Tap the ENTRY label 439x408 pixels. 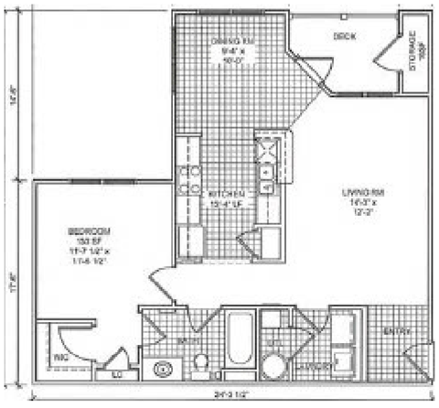[x=396, y=330]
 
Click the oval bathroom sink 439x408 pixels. [x=163, y=369]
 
